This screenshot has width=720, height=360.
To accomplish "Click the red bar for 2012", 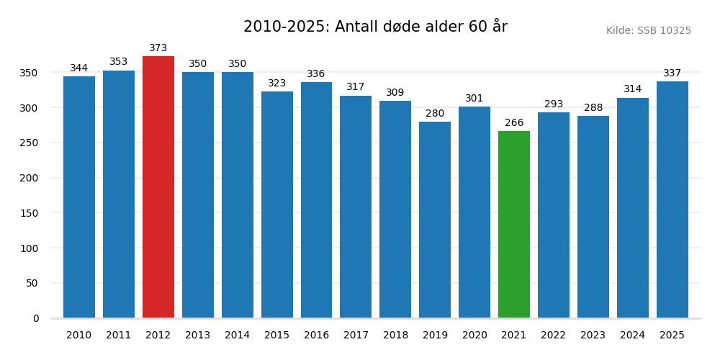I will pyautogui.click(x=158, y=187).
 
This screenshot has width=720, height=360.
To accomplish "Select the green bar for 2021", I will pyautogui.click(x=514, y=225).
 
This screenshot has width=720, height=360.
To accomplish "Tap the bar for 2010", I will pyautogui.click(x=79, y=197).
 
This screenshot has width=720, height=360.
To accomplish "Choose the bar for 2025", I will pyautogui.click(x=672, y=199).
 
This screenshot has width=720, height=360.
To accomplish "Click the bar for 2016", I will pyautogui.click(x=316, y=200).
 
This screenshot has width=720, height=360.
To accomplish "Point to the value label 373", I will pyautogui.click(x=158, y=48).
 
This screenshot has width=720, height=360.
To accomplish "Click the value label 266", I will pyautogui.click(x=514, y=123).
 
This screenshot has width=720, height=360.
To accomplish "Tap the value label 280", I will pyautogui.click(x=435, y=114).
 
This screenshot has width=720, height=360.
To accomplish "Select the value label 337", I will pyautogui.click(x=672, y=73).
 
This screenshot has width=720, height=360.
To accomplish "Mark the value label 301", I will pyautogui.click(x=474, y=99).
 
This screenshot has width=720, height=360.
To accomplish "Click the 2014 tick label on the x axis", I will pyautogui.click(x=238, y=336).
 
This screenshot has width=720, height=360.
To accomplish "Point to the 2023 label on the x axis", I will pyautogui.click(x=593, y=336).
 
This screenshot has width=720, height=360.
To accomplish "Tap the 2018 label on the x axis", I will pyautogui.click(x=395, y=336).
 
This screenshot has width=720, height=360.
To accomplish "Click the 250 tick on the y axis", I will pyautogui.click(x=29, y=143).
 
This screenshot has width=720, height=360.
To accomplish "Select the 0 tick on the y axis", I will pyautogui.click(x=36, y=319).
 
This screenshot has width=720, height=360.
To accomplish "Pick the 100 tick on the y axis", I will pyautogui.click(x=29, y=248).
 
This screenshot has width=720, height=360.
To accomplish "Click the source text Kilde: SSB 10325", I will pyautogui.click(x=648, y=31).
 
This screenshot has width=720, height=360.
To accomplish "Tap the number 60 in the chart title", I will pyautogui.click(x=478, y=27).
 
